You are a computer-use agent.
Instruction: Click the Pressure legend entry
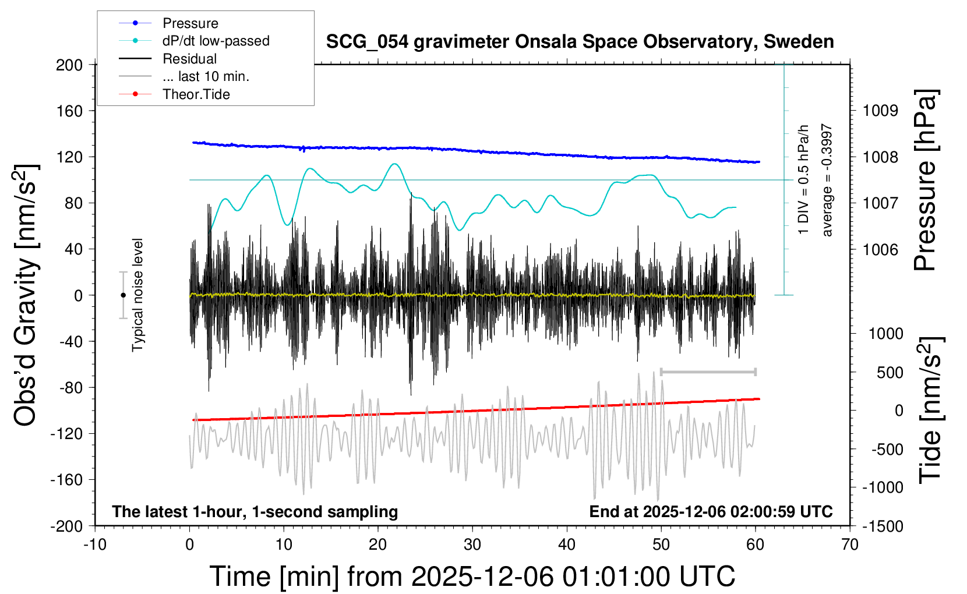pyautogui.click(x=190, y=23)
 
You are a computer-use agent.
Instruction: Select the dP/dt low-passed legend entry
pyautogui.click(x=216, y=41)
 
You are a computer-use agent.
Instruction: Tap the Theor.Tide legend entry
pyautogui.click(x=196, y=94)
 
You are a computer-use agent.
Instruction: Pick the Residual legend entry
pyautogui.click(x=189, y=59)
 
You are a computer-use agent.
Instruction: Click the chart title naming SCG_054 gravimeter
pyautogui.click(x=580, y=42)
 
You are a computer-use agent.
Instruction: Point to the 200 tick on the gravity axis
pyautogui.click(x=69, y=65)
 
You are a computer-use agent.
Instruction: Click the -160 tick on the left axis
pyautogui.click(x=66, y=480)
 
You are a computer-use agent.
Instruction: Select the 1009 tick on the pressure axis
pyautogui.click(x=880, y=111)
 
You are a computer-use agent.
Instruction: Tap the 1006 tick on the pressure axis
pyautogui.click(x=880, y=250)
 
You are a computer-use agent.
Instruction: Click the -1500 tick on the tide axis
pyautogui.click(x=883, y=526)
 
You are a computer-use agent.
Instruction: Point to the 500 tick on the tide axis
pyautogui.click(x=890, y=373)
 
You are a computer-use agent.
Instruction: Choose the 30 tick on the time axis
pyautogui.click(x=472, y=545)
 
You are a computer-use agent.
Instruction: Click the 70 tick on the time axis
pyautogui.click(x=850, y=545)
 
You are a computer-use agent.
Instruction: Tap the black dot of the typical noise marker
pyautogui.click(x=123, y=295)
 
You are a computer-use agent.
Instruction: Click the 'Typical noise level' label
pyautogui.click(x=137, y=295)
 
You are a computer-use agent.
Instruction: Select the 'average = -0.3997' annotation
pyautogui.click(x=827, y=180)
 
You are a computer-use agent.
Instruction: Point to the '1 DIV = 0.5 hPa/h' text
pyautogui.click(x=804, y=179)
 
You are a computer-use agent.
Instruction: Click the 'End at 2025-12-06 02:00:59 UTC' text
pyautogui.click(x=711, y=512)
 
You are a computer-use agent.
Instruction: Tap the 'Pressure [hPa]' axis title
pyautogui.click(x=925, y=180)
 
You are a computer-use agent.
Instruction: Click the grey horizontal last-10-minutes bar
pyautogui.click(x=708, y=372)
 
